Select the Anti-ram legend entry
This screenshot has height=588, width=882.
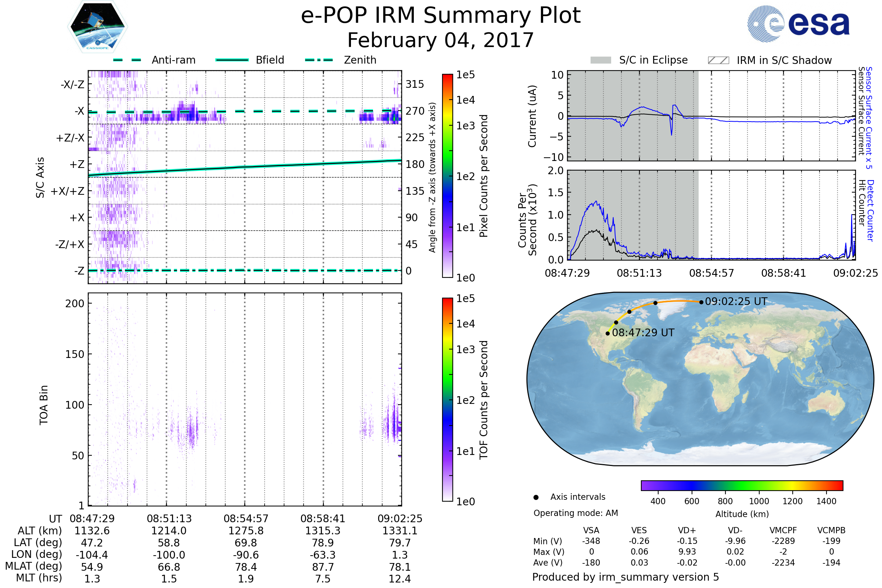tap(173, 60)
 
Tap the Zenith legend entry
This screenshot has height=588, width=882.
tap(360, 60)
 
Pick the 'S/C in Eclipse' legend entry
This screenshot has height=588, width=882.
tap(653, 60)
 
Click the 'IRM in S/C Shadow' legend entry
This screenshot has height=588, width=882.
tap(784, 60)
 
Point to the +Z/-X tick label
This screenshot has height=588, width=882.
tap(70, 138)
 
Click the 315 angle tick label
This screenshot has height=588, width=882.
tap(415, 85)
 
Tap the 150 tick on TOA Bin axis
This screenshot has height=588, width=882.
tap(75, 354)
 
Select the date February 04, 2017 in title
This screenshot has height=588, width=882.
tap(441, 40)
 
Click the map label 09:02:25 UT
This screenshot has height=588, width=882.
tap(736, 301)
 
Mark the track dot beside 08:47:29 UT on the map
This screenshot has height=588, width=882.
tap(607, 333)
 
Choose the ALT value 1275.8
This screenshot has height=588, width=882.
tap(246, 531)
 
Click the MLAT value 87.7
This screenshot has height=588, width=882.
tap(323, 567)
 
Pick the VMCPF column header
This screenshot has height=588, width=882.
tap(783, 531)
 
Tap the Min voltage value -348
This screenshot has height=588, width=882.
tap(591, 541)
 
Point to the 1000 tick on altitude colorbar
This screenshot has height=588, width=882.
tap(759, 501)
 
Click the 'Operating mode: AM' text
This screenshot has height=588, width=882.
tap(576, 513)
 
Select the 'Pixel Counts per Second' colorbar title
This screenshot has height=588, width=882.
tap(484, 176)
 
